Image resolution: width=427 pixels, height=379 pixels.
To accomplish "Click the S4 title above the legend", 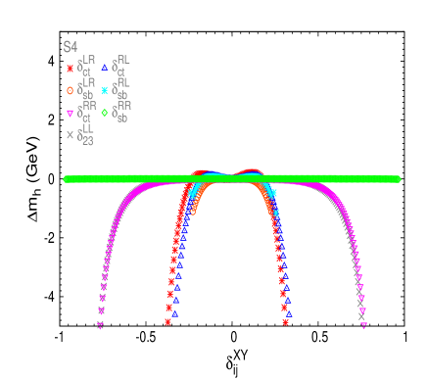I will (70, 46).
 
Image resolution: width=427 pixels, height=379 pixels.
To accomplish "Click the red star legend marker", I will (70, 69).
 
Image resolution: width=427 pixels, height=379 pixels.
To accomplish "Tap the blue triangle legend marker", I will (104, 68).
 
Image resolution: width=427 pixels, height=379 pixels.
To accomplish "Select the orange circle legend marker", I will (70, 90).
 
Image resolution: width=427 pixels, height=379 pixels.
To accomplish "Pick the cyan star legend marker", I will (104, 90).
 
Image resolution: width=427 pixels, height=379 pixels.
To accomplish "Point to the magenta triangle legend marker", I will (70, 113).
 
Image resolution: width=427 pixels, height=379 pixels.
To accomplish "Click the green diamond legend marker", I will (104, 113).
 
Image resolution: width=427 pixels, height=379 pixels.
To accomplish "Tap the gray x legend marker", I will (70, 135).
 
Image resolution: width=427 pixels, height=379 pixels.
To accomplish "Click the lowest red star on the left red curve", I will (167, 321).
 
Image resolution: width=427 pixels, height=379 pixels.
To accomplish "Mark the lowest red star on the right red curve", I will (285, 321).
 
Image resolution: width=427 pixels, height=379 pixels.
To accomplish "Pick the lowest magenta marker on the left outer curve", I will (100, 326).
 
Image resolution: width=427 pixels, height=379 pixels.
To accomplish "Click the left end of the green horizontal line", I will (67, 179).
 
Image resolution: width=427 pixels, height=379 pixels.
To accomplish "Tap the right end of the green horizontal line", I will (397, 179).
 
